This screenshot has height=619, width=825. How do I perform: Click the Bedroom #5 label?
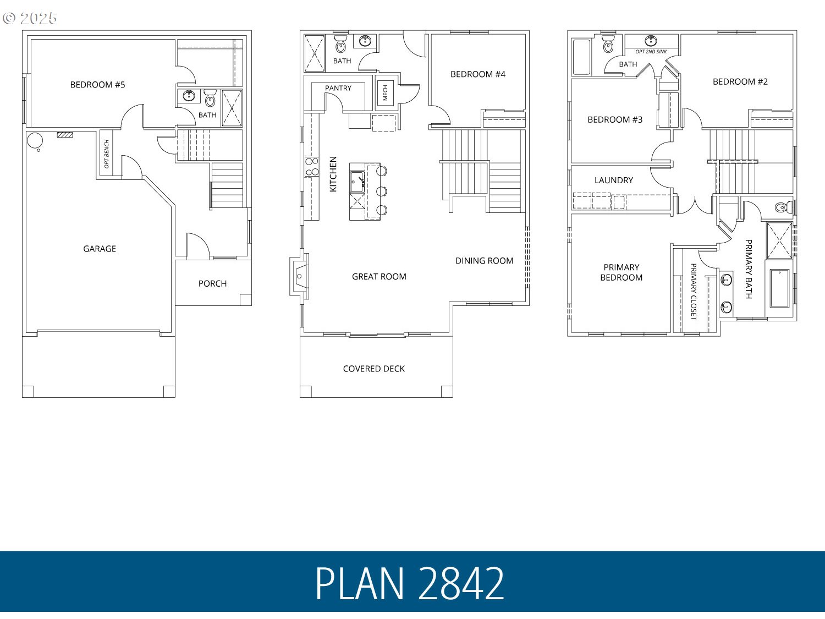tap(97, 85)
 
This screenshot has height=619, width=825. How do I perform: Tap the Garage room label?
tap(100, 249)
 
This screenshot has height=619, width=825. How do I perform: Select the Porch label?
tap(212, 283)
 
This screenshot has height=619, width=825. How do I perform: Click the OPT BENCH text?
tap(107, 154)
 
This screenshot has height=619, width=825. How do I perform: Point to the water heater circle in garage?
tap(34, 140)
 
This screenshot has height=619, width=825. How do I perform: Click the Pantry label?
tap(338, 88)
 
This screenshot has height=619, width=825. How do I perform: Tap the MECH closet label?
tap(386, 92)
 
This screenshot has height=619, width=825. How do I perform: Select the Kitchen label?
tap(333, 174)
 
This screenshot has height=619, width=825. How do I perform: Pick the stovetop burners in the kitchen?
tap(312, 167)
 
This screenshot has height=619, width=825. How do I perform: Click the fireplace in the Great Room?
tap(300, 276)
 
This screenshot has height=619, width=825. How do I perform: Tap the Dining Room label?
tap(484, 261)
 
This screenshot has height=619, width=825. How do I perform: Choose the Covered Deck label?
tap(373, 369)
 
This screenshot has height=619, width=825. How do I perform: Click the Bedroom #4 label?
tap(477, 74)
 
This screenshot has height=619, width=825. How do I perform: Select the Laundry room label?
tap(613, 180)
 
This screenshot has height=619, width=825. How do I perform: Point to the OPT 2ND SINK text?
tap(651, 52)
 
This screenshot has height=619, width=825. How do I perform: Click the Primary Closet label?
tap(694, 292)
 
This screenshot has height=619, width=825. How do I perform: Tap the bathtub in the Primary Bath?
tap(779, 288)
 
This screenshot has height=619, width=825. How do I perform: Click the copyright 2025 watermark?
tap(30, 18)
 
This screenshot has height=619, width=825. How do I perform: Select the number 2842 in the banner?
tap(461, 583)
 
